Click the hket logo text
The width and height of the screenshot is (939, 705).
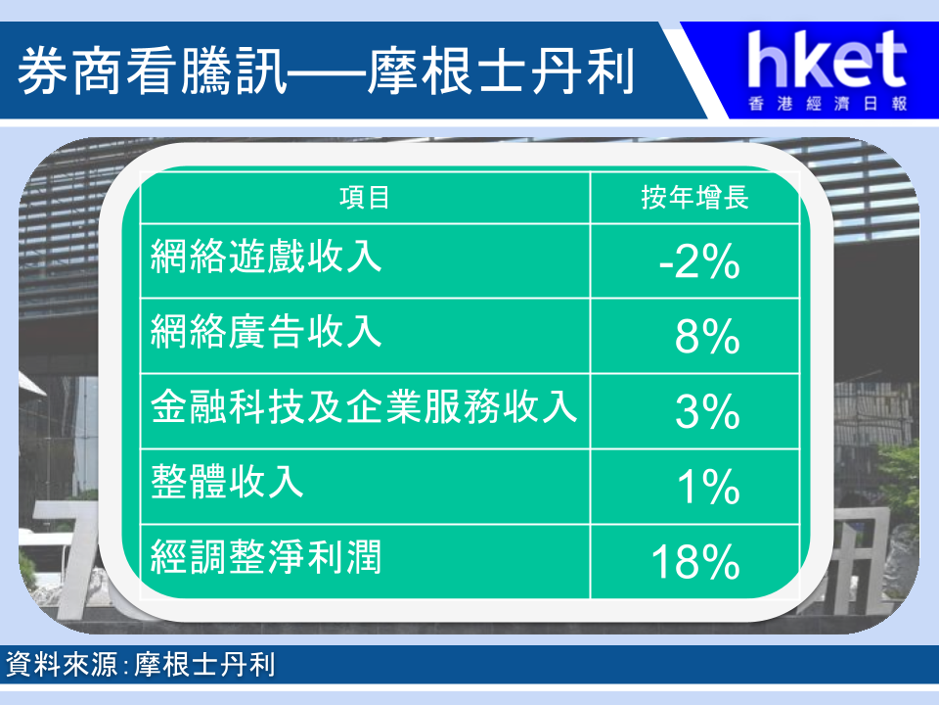click(x=827, y=60)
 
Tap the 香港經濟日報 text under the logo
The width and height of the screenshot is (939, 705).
click(x=827, y=104)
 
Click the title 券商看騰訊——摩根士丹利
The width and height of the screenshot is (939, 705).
click(x=326, y=71)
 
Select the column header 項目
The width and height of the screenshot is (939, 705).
click(x=365, y=197)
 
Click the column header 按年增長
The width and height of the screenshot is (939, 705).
click(x=694, y=197)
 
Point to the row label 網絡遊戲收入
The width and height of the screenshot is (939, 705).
click(x=266, y=257)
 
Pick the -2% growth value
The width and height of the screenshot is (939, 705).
click(x=699, y=262)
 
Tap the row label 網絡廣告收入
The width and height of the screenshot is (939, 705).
click(x=266, y=332)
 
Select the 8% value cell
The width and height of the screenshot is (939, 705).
click(x=707, y=337)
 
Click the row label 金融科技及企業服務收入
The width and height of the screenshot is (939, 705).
click(x=364, y=406)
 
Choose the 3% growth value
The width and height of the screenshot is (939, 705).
click(x=707, y=412)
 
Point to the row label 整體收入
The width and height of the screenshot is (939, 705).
click(x=227, y=482)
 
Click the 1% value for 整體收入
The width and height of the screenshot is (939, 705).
click(x=708, y=487)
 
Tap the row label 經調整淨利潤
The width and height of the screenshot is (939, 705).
click(x=266, y=556)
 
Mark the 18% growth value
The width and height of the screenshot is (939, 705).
click(x=695, y=562)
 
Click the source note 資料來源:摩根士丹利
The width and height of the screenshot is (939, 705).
click(x=140, y=664)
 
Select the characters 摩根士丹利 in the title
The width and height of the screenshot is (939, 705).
click(x=501, y=71)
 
